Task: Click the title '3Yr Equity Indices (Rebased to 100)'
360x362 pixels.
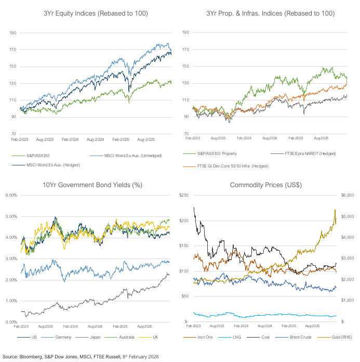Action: (x=91, y=14)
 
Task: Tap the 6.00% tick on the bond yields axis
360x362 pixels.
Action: (x=11, y=195)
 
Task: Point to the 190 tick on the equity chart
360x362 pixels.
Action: (x=14, y=33)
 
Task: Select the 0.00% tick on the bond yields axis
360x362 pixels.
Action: (x=11, y=322)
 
